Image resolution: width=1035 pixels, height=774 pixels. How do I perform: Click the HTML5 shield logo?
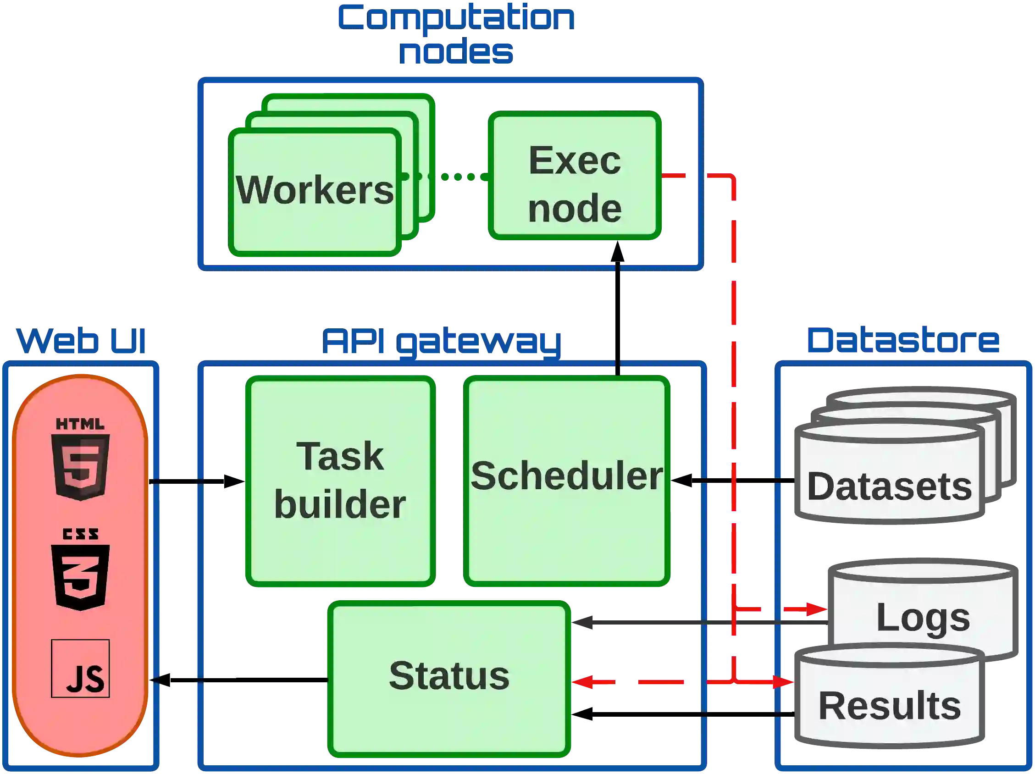(80, 461)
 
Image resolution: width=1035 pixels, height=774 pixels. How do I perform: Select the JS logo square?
(80, 669)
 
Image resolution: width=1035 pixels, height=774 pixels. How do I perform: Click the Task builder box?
(340, 482)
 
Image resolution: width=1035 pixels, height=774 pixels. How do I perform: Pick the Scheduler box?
(567, 482)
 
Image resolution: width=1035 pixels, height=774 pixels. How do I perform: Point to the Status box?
(449, 676)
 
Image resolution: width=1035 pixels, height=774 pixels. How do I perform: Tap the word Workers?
(315, 190)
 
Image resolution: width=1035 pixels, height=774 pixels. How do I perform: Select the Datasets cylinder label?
(889, 487)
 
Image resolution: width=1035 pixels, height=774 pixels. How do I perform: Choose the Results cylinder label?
(889, 706)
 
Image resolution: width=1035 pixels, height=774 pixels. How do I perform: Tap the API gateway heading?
(442, 342)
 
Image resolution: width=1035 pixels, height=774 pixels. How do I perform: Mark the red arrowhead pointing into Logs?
(816, 609)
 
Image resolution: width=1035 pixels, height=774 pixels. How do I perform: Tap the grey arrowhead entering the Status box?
(582, 624)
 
